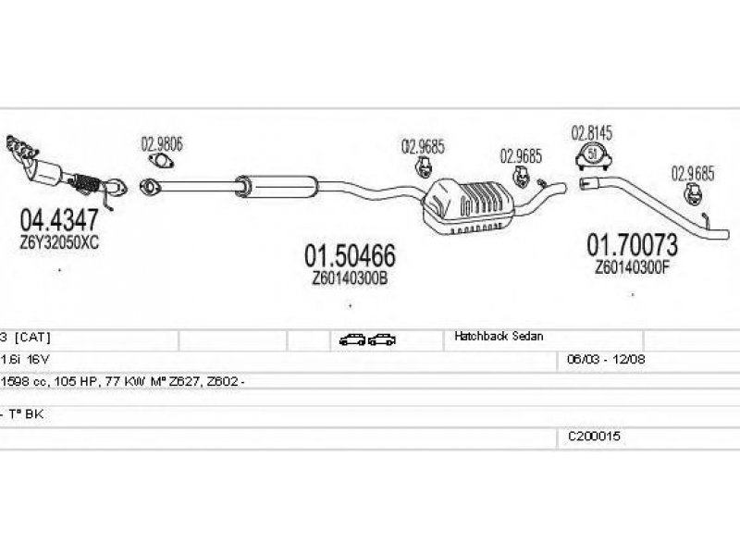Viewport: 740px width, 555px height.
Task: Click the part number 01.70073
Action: (633, 245)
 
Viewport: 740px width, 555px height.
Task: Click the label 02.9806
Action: (161, 143)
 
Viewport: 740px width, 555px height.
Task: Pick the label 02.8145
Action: (592, 131)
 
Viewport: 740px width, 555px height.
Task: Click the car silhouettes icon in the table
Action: (367, 339)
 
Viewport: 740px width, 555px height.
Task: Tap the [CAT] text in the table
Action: (31, 339)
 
